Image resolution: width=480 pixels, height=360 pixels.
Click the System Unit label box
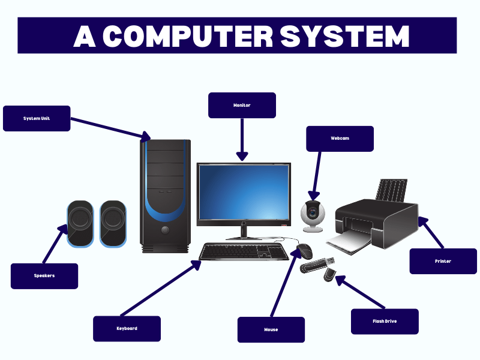[x=37, y=118]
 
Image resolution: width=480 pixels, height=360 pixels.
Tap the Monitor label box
[x=242, y=106]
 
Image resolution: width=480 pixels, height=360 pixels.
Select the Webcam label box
[x=340, y=139]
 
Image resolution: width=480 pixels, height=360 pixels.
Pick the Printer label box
[x=443, y=261]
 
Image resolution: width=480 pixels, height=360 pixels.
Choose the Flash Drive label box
[x=385, y=322]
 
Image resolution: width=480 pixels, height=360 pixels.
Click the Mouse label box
[x=271, y=329]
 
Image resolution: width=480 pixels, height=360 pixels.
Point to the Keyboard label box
[x=127, y=329]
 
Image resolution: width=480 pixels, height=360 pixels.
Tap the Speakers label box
[x=44, y=276]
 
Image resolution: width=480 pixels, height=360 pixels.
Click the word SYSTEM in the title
[x=345, y=36]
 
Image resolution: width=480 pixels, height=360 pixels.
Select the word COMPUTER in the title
[x=188, y=36]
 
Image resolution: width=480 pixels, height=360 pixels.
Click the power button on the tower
[x=164, y=230]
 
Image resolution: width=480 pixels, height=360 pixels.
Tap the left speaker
[x=80, y=224]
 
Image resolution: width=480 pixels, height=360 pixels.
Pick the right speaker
[x=113, y=224]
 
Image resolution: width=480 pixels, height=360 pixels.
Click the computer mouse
[x=305, y=251]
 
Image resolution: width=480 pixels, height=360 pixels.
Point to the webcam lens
[x=313, y=212]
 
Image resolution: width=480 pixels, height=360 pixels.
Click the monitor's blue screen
[x=244, y=192]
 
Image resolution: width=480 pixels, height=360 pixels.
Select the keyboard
[x=244, y=251]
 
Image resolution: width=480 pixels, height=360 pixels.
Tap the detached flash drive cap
[x=329, y=274]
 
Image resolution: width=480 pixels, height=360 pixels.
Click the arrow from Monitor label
[x=242, y=140]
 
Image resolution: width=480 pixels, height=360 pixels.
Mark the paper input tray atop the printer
[x=392, y=190]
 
